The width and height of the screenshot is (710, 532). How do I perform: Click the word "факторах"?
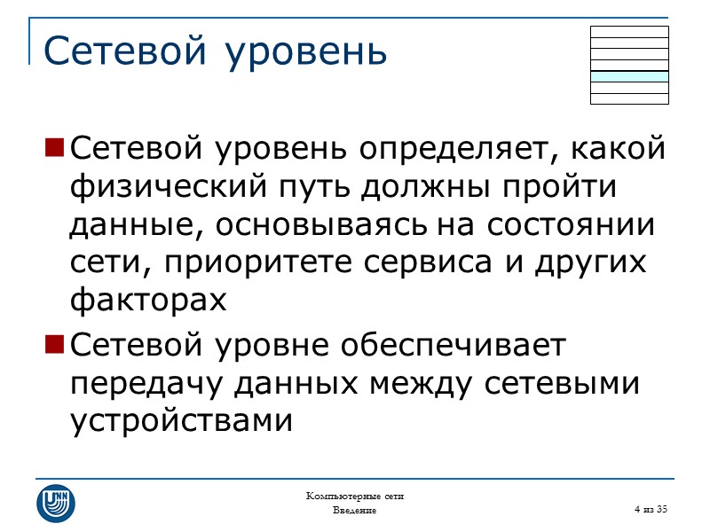(x=148, y=301)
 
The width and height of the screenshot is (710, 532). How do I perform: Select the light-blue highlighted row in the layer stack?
(x=629, y=76)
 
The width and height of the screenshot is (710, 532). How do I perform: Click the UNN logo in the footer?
(x=56, y=503)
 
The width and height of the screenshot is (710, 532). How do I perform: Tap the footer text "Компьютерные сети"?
(x=355, y=496)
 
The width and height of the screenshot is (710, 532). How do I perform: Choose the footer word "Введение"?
(x=355, y=511)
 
